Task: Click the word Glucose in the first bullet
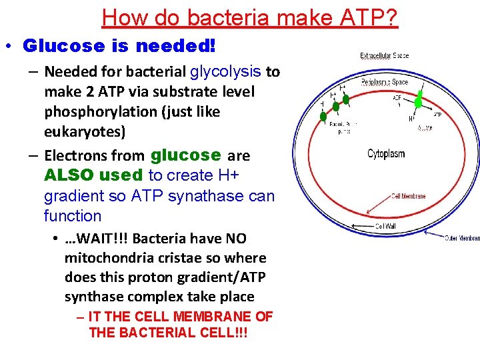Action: point(55,46)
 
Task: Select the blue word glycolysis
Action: point(225,71)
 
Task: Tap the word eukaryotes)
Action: point(85,131)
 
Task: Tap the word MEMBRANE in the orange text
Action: point(209,317)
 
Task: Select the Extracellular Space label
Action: point(385,56)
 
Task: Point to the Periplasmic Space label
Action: point(385,82)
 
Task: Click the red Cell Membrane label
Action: point(408,197)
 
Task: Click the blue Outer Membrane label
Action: point(461,238)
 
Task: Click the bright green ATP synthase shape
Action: point(418,102)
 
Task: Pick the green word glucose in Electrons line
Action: point(186,155)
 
